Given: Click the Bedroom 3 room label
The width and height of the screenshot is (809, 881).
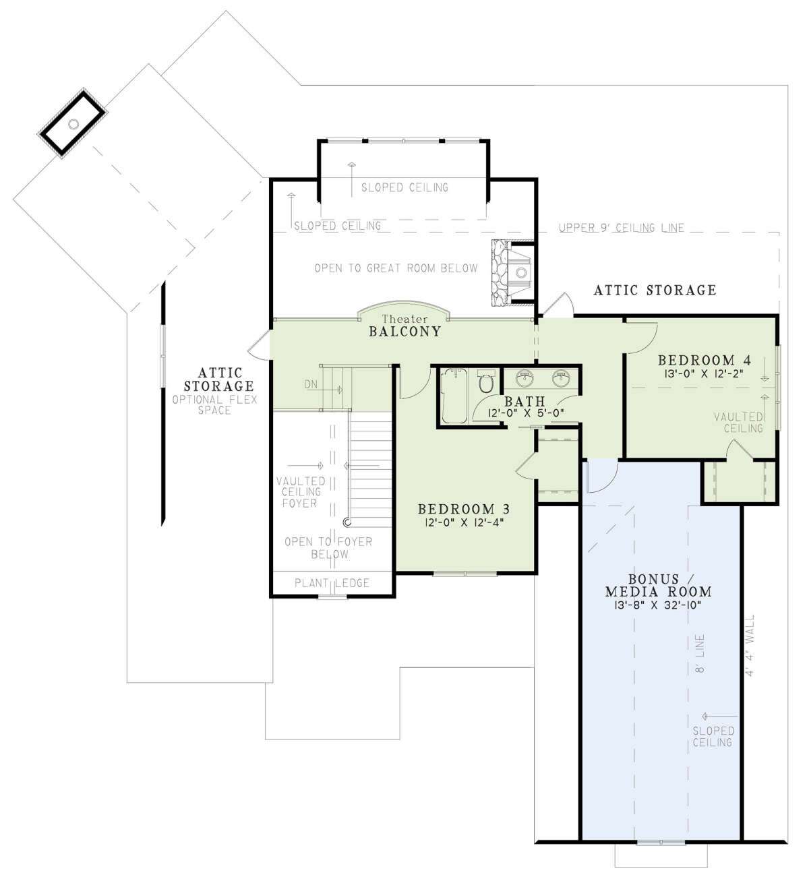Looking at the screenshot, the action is [464, 509].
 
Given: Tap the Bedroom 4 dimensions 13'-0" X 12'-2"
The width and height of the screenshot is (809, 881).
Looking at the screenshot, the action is [704, 374].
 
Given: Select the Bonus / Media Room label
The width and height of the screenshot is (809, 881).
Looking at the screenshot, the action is [658, 585].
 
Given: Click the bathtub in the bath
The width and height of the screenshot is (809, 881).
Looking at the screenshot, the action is [454, 396].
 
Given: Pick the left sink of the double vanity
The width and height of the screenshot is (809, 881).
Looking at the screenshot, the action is [525, 377].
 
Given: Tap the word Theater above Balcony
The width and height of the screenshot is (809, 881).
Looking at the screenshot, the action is [404, 320].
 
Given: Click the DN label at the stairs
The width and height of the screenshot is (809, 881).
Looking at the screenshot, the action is [311, 384].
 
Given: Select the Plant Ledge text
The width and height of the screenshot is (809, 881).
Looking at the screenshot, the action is [332, 583].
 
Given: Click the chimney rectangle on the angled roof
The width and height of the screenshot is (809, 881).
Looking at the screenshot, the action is [73, 123].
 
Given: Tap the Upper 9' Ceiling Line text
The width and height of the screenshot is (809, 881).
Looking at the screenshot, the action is [622, 228].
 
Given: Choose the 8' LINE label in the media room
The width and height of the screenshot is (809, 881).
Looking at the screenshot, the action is [700, 653].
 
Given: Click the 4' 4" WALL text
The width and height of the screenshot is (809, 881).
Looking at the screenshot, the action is [750, 645].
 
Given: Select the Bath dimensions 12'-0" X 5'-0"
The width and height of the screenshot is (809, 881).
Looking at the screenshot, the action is [526, 413].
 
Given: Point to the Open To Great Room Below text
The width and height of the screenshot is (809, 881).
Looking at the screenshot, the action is [396, 268].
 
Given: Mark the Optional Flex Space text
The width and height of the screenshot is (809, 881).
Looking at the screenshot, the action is [214, 405].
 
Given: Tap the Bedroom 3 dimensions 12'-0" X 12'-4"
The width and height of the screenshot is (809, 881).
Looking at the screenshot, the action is [464, 522].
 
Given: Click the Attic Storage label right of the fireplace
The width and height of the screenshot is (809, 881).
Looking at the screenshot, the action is [655, 291].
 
